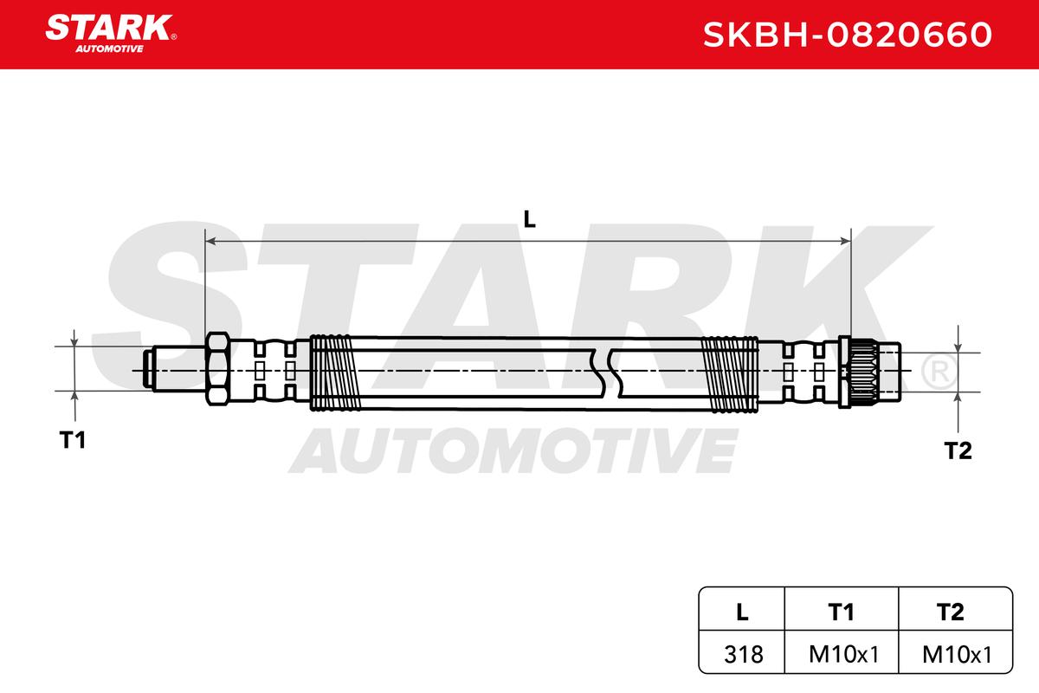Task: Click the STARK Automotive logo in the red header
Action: click(111, 34)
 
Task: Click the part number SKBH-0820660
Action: click(848, 35)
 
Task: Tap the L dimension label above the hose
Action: click(529, 219)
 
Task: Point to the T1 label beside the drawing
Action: click(73, 439)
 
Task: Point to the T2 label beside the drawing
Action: click(958, 450)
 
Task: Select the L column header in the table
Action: click(742, 612)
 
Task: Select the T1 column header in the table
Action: click(841, 612)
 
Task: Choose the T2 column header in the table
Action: click(951, 612)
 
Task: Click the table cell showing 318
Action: click(743, 655)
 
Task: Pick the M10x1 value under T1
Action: click(843, 655)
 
